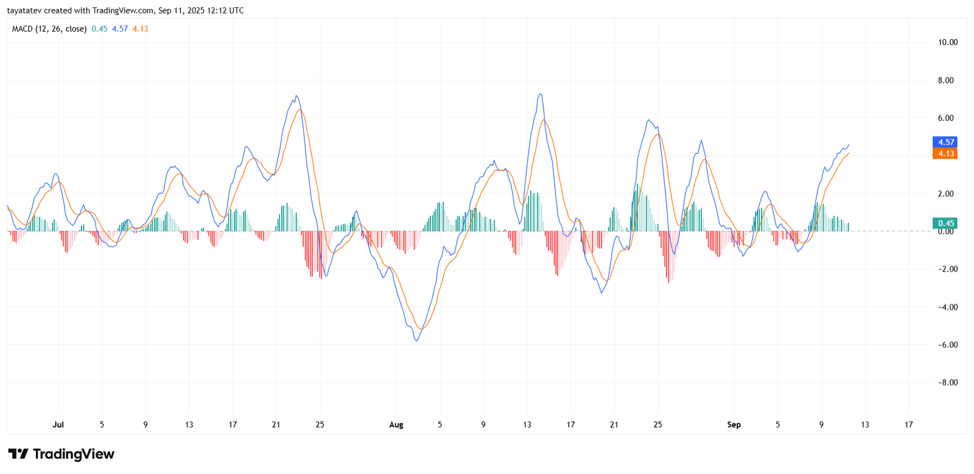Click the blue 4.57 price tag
[x=945, y=142]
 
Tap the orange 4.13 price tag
[x=945, y=154]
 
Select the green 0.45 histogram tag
[x=945, y=223]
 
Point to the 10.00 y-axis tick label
[x=947, y=43]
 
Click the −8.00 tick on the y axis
[x=946, y=383]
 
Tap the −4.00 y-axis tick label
[x=946, y=307]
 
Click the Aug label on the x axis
[x=396, y=425]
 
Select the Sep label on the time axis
[x=734, y=425]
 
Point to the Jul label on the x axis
[x=58, y=425]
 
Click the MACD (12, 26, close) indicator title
[x=49, y=29]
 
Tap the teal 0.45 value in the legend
[x=99, y=29]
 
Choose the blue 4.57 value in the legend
[x=120, y=29]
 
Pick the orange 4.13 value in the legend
[x=141, y=29]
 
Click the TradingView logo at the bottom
[x=61, y=455]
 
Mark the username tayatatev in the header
[x=24, y=10]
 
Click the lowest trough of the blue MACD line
[x=416, y=340]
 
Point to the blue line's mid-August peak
[x=540, y=94]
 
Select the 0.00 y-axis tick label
[x=945, y=232]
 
